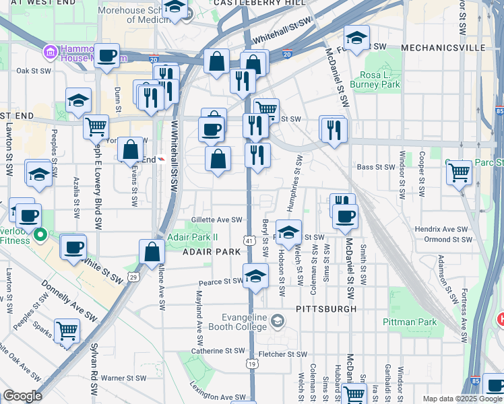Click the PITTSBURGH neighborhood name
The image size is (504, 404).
click(326, 309)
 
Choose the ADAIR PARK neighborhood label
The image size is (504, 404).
click(212, 251)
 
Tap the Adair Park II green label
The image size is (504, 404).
click(193, 237)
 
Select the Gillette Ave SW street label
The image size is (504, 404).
click(216, 220)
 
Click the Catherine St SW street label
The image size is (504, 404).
click(218, 351)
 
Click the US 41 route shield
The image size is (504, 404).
click(249, 240)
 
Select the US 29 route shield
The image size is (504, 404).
click(133, 277)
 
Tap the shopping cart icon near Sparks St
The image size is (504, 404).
click(67, 331)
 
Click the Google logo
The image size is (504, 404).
click(23, 396)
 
